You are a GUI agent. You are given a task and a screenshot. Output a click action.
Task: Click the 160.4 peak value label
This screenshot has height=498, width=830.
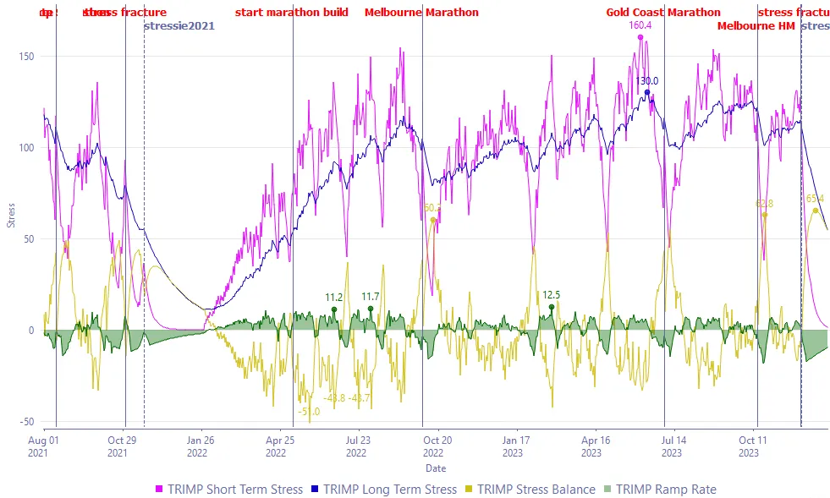point(640,25)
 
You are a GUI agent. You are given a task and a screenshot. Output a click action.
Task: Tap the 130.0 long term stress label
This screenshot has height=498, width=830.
point(647,81)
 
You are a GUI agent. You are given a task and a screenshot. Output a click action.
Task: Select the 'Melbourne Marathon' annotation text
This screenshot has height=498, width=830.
point(421,13)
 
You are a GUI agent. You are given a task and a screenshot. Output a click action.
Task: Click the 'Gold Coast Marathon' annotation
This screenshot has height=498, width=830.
point(663,13)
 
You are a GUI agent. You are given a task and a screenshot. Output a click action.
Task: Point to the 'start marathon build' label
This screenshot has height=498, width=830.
point(292,13)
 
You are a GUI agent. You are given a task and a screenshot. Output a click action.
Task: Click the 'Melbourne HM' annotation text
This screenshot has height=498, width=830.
point(756,26)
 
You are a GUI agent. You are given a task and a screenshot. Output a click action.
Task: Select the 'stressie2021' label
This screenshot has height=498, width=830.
point(179,26)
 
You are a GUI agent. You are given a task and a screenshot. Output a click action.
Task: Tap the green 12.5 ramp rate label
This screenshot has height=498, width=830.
point(552,295)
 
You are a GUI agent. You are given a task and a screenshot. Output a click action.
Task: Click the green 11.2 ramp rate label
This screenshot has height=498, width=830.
point(334,298)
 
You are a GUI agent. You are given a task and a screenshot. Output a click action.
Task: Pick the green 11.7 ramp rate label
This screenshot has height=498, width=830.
point(371,297)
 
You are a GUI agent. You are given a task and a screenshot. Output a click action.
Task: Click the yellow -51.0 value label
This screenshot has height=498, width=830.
point(309,411)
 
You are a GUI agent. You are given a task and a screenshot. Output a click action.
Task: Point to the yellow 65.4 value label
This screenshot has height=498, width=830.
point(816,199)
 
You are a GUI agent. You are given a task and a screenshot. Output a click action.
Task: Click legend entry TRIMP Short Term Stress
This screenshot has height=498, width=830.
point(228,490)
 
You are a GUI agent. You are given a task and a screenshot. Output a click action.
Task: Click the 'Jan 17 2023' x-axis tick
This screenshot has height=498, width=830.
point(515,446)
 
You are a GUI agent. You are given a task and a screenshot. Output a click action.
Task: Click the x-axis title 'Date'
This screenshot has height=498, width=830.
point(436,468)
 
